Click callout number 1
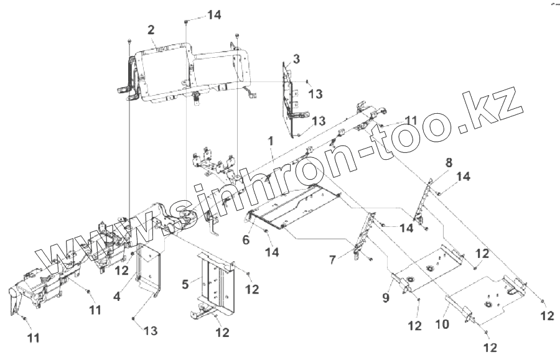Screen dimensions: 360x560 (x=272, y=142)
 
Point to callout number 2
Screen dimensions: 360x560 (x=151, y=30)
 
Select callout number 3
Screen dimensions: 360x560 (x=296, y=59)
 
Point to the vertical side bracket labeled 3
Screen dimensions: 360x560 (x=290, y=96)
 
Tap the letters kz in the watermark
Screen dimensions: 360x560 (x=498, y=106)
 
